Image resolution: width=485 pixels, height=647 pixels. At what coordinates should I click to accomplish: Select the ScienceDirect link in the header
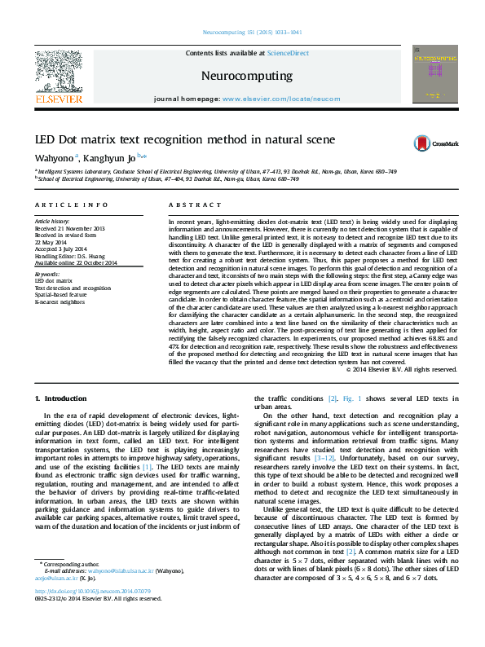coord(288,52)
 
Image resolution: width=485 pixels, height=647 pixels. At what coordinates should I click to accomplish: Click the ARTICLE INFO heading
coord(71,205)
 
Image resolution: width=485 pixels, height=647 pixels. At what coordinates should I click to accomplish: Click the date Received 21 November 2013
coord(70,227)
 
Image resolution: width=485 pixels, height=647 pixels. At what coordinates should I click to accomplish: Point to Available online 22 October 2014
coord(77,262)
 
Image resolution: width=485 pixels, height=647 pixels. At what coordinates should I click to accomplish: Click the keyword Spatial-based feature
coord(64,295)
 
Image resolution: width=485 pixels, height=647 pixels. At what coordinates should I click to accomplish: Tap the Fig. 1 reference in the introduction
coord(348,398)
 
